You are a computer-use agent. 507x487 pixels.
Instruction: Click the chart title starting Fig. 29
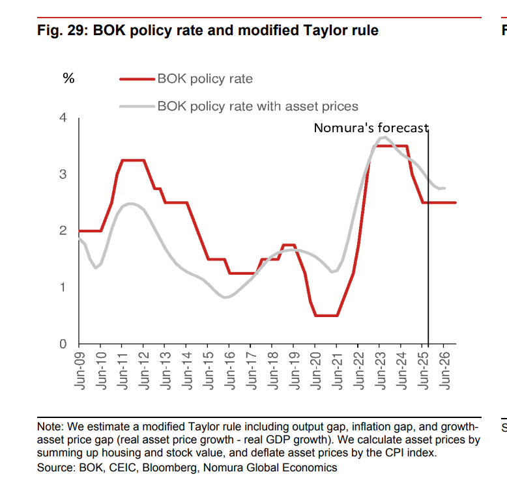pyautogui.click(x=208, y=30)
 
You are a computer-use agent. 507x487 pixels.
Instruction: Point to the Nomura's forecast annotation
pyautogui.click(x=371, y=128)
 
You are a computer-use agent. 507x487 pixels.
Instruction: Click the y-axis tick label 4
pyautogui.click(x=63, y=118)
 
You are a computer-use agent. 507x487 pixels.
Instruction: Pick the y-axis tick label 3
pyautogui.click(x=63, y=174)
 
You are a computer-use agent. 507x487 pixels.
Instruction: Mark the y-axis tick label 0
pyautogui.click(x=63, y=344)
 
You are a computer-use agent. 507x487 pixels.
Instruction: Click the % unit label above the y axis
pyautogui.click(x=68, y=79)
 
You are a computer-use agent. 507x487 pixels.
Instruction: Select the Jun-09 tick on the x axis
pyautogui.click(x=80, y=371)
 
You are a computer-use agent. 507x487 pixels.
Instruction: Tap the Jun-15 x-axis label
pyautogui.click(x=208, y=371)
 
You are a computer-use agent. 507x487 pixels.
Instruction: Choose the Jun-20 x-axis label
pyautogui.click(x=315, y=371)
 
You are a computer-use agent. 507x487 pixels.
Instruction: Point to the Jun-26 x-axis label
pyautogui.click(x=444, y=371)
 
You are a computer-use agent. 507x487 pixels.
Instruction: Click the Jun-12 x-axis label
pyautogui.click(x=144, y=371)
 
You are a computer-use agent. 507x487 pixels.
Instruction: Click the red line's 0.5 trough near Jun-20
pyautogui.click(x=326, y=315)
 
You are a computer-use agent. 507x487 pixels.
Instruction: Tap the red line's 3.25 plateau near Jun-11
pyautogui.click(x=132, y=160)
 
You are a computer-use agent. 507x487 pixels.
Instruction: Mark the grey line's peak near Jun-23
pyautogui.click(x=383, y=137)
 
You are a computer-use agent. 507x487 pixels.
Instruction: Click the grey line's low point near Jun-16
pyautogui.click(x=225, y=298)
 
